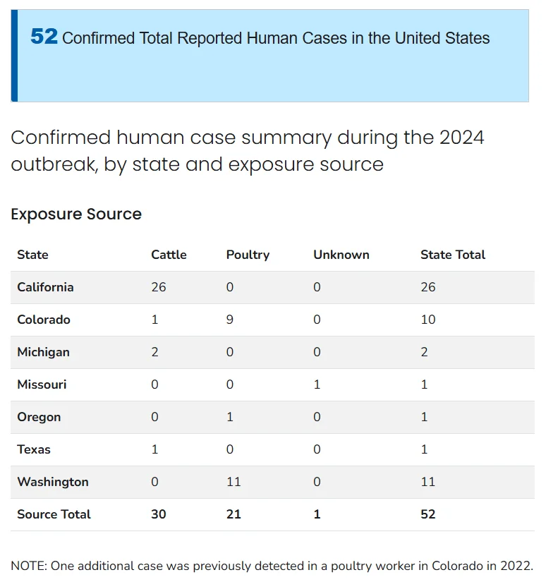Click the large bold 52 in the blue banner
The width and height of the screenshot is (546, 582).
[44, 37]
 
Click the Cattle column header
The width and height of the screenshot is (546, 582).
[169, 255]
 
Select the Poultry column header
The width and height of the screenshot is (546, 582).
[248, 255]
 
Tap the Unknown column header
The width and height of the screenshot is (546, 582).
[341, 255]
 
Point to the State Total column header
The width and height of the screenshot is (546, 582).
[453, 255]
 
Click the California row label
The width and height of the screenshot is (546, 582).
[45, 287]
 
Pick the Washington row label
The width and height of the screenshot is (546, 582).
[53, 482]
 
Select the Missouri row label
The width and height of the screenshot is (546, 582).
[42, 384]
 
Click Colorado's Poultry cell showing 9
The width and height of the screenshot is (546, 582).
[230, 320]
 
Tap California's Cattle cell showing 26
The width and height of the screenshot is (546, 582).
[159, 287]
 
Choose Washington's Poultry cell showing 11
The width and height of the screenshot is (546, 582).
[233, 482]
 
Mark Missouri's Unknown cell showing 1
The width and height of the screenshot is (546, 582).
[317, 384]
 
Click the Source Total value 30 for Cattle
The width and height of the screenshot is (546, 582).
[159, 514]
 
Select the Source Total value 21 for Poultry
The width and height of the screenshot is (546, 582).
[233, 514]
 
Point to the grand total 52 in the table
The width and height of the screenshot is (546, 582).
[428, 514]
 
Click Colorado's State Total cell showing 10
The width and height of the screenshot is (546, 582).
[428, 320]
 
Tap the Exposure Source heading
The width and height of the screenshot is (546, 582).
[76, 214]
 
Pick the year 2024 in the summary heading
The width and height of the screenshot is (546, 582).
[462, 138]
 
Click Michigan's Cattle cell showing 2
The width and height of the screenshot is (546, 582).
[154, 352]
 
